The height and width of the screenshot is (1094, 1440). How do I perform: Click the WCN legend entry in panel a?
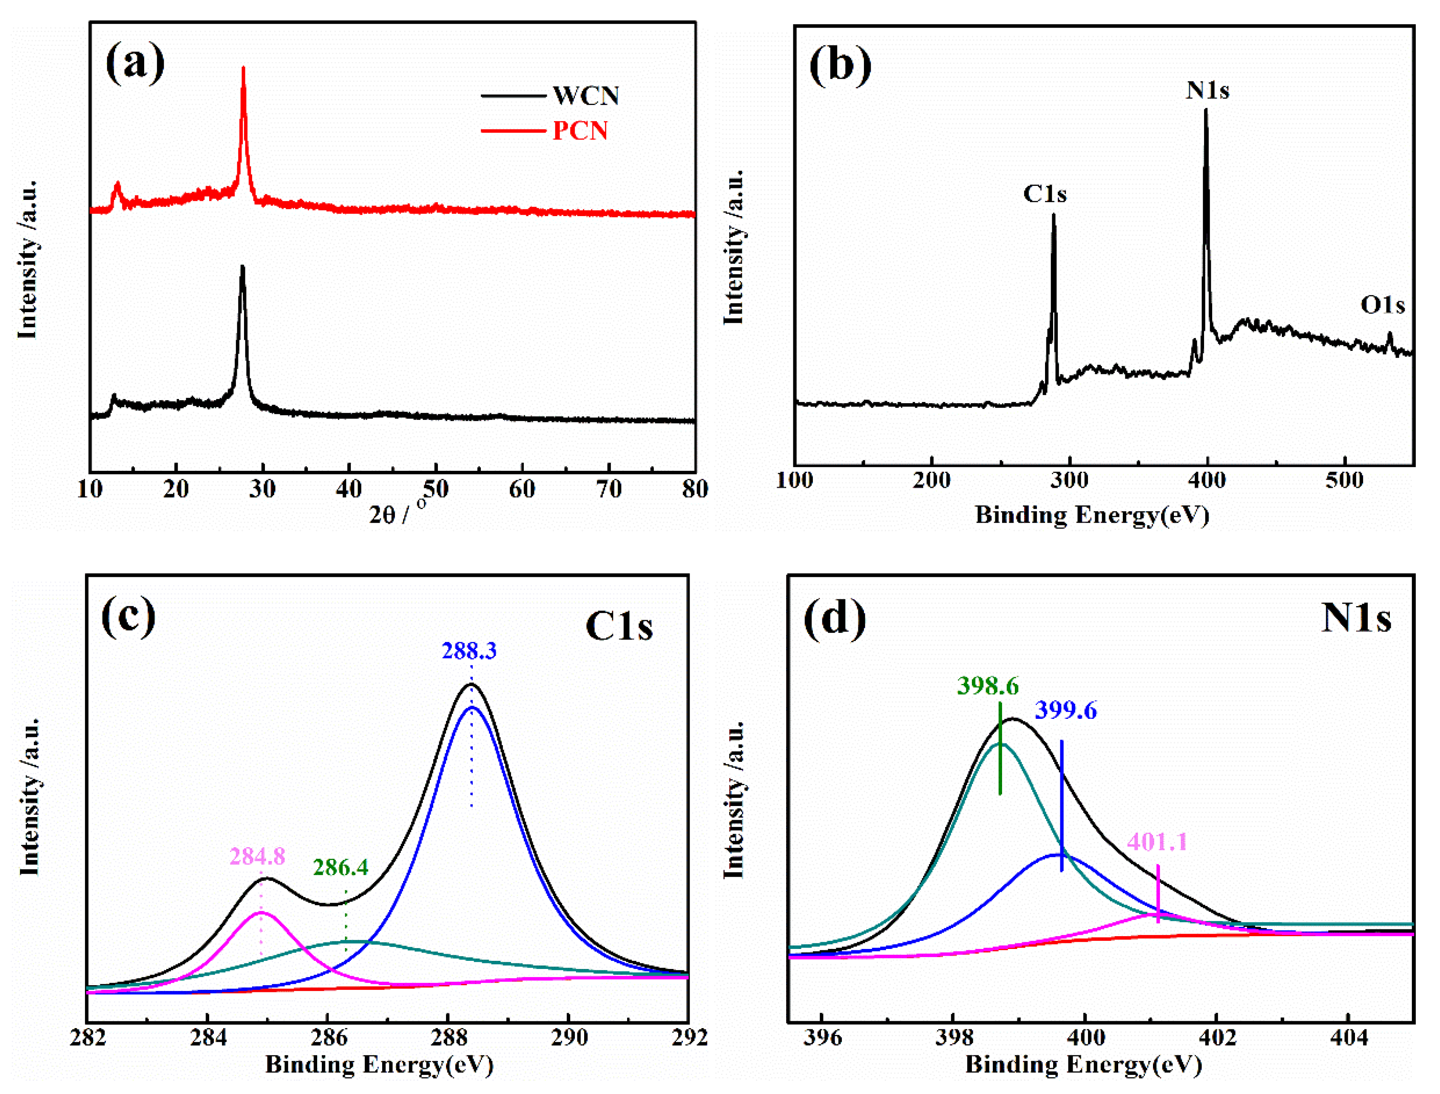pos(585,96)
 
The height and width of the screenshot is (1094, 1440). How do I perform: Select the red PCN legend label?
pos(579,131)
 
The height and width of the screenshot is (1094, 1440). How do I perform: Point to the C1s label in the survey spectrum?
pos(1045,194)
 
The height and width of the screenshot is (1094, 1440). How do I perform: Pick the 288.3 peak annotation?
pos(469,650)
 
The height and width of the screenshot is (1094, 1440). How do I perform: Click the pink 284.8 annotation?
pos(257,856)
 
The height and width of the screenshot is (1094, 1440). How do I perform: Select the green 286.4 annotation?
pos(341,867)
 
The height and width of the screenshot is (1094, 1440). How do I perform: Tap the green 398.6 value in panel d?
pos(988,686)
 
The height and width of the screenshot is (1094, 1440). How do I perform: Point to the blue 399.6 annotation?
pos(1066,710)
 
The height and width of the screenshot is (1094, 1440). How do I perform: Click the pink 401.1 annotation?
pos(1157,842)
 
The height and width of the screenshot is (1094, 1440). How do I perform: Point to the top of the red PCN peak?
pos(244,68)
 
